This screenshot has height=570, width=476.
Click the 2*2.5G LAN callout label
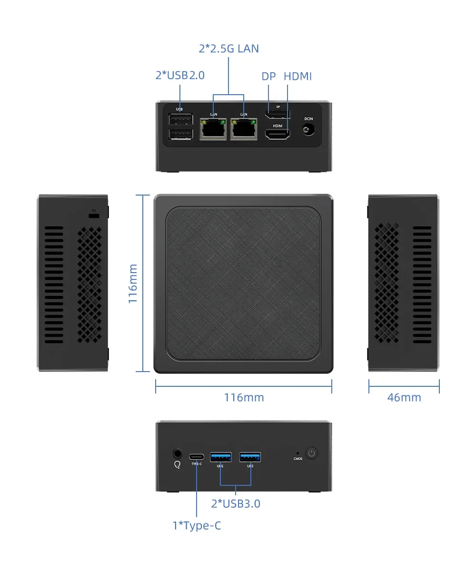coord(229,49)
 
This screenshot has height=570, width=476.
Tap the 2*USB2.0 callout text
coord(180,75)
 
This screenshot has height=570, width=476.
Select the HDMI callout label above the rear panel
coord(297,76)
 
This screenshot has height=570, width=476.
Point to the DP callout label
coord(269,76)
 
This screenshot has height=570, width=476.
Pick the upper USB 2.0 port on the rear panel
coord(180,119)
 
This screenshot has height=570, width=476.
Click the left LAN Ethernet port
coord(214,129)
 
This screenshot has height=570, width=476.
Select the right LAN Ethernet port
coord(244,129)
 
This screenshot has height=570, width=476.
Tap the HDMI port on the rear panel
coord(278,134)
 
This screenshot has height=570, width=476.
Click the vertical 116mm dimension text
coord(133,284)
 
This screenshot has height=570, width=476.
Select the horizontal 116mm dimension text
coord(244,397)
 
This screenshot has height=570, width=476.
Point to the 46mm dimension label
coord(404,397)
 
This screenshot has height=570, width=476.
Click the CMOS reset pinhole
coord(297,453)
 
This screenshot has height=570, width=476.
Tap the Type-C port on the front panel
coord(197,455)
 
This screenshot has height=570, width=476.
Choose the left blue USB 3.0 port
coord(221,457)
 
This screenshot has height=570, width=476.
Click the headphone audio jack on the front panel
coord(178,453)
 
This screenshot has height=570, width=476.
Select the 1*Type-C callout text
coord(197,526)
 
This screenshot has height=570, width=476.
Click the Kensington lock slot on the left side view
coord(94,216)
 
